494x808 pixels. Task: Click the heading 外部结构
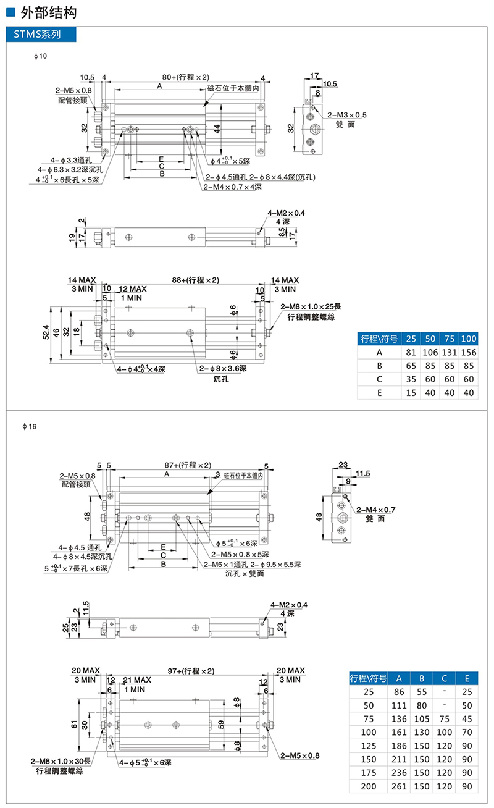click(x=49, y=12)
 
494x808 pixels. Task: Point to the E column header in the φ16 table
click(x=466, y=677)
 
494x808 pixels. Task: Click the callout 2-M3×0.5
click(x=346, y=115)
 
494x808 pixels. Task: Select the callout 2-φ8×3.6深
click(x=222, y=369)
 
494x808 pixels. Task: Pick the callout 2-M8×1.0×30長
click(x=61, y=761)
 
